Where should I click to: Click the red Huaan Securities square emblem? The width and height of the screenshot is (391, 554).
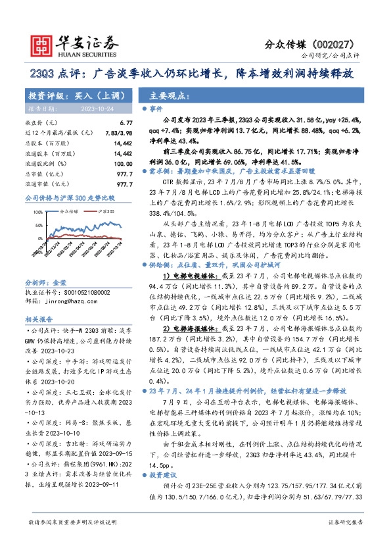point(40,44)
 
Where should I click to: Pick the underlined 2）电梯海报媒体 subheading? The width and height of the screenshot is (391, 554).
point(187,326)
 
